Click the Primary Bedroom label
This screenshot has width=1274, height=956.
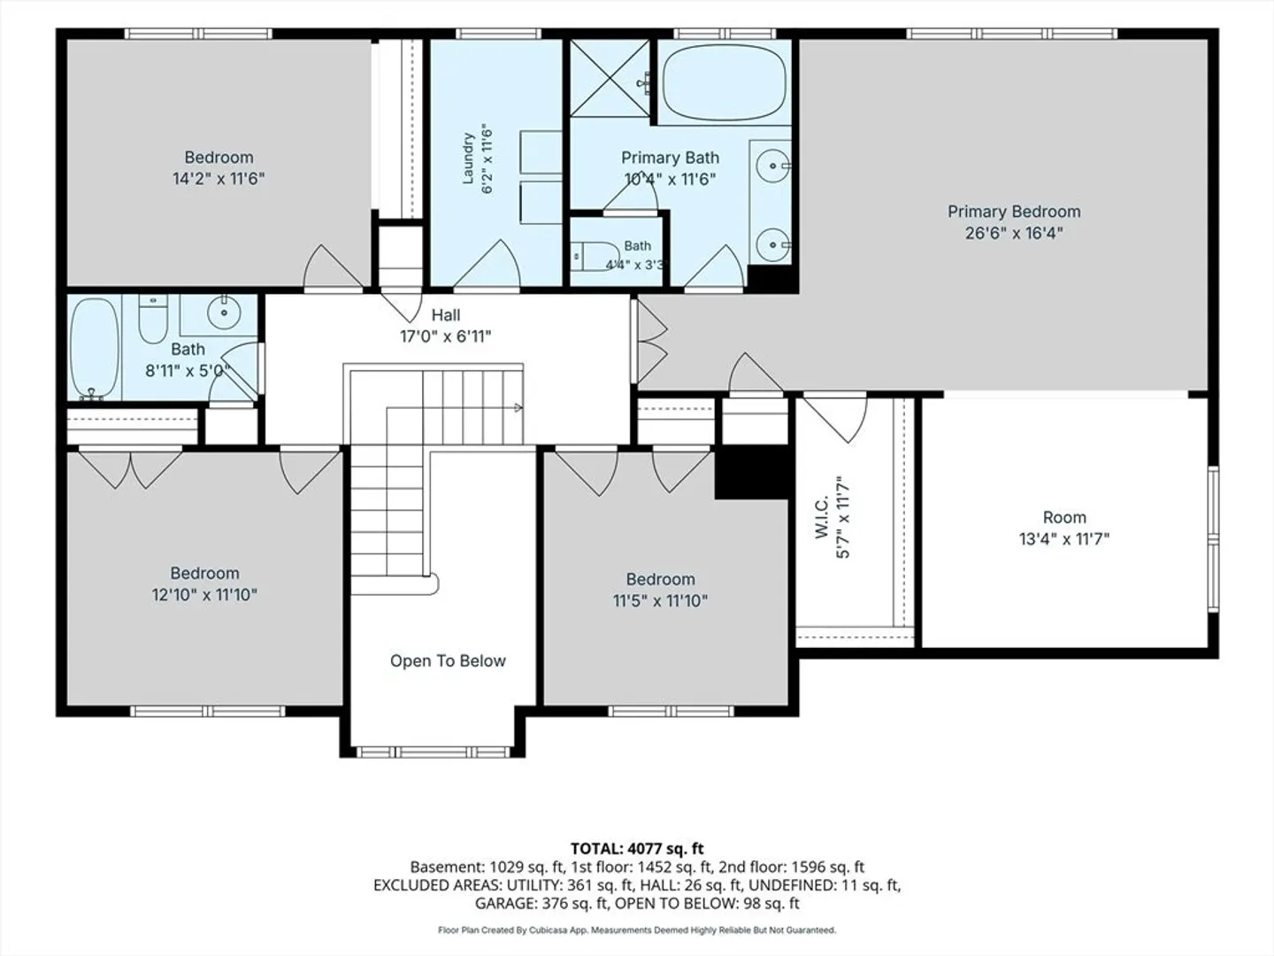point(1014,212)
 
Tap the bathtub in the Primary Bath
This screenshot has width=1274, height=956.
point(725,81)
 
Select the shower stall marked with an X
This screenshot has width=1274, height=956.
point(610,78)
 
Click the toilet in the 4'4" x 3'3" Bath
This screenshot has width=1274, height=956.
point(595,256)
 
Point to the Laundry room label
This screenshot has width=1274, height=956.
point(468,158)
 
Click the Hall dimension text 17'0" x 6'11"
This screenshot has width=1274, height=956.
point(445,336)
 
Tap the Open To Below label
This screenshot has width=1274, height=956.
point(448,660)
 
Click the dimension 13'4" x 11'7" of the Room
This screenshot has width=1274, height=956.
point(1064,539)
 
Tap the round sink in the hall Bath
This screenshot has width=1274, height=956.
point(224,313)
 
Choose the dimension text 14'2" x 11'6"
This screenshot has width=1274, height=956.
point(219,178)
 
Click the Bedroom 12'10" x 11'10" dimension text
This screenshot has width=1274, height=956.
point(204,594)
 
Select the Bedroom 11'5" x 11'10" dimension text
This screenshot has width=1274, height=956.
point(660,600)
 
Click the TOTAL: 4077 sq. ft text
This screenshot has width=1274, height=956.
point(637,849)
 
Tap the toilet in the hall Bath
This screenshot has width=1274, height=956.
point(153,320)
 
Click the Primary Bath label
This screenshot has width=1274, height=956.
point(670,158)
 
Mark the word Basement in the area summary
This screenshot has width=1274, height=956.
point(447,867)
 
